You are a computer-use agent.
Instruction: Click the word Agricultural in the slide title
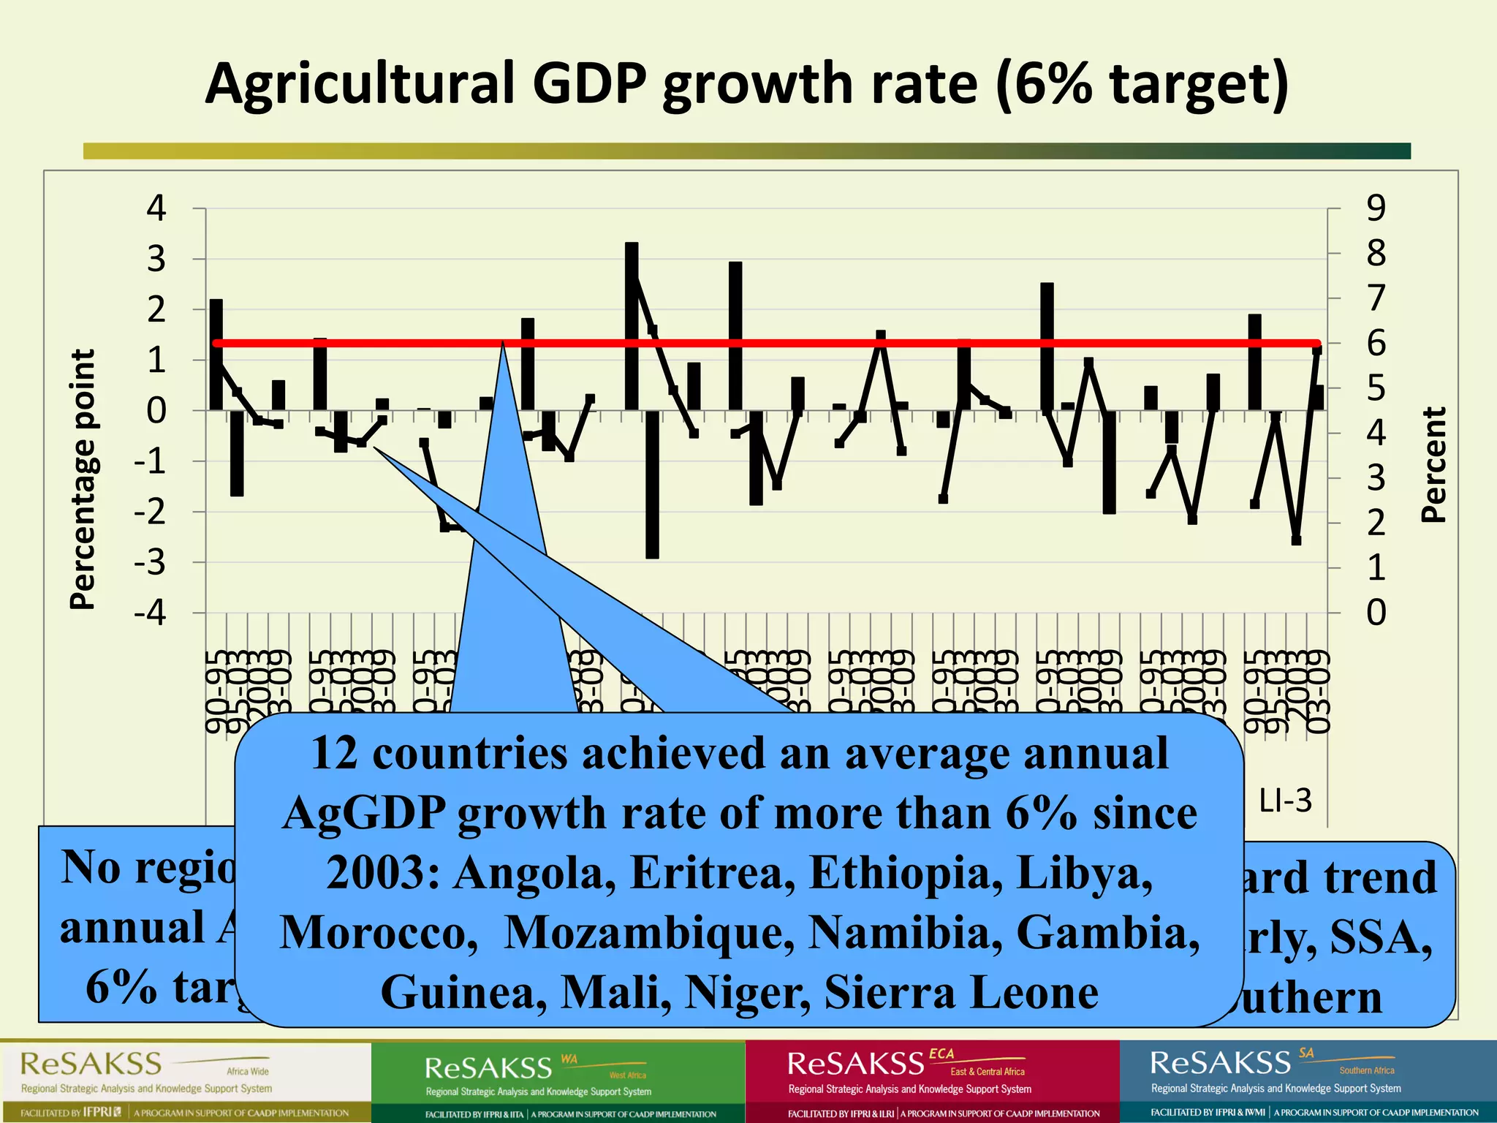click(x=361, y=84)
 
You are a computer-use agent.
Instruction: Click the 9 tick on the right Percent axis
click(x=1376, y=208)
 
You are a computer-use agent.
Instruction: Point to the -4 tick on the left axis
click(x=150, y=612)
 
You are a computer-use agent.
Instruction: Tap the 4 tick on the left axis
click(x=156, y=208)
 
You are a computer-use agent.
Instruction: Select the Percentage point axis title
click(x=83, y=479)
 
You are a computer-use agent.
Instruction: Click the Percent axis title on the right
click(x=1433, y=464)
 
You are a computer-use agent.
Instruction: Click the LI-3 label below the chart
click(x=1285, y=801)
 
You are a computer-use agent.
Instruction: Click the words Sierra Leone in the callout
click(x=961, y=992)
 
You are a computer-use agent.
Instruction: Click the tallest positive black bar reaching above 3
click(x=632, y=325)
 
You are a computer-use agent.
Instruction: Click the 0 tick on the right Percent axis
click(x=1376, y=613)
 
